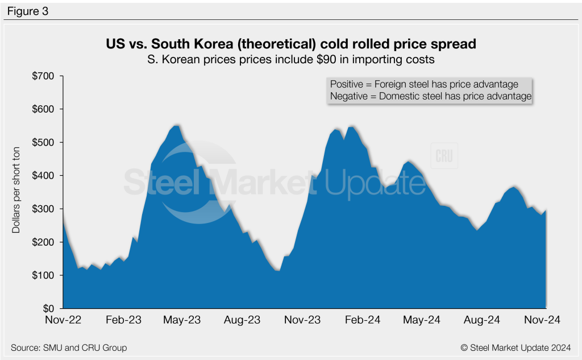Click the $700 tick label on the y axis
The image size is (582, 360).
point(44,76)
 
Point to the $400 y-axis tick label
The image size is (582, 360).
point(44,176)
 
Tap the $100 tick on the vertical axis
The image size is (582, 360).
point(44,275)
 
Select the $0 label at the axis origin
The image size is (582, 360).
point(48,308)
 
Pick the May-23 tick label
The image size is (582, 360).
point(182,320)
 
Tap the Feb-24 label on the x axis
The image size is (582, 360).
point(361,320)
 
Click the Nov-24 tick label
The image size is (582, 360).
point(541,320)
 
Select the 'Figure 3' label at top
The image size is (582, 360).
point(28,11)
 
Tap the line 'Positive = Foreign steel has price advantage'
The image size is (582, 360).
point(423,84)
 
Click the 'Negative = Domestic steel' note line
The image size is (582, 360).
point(430,97)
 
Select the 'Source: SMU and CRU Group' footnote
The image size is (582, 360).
point(69,347)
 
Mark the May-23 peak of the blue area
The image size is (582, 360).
point(176,125)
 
